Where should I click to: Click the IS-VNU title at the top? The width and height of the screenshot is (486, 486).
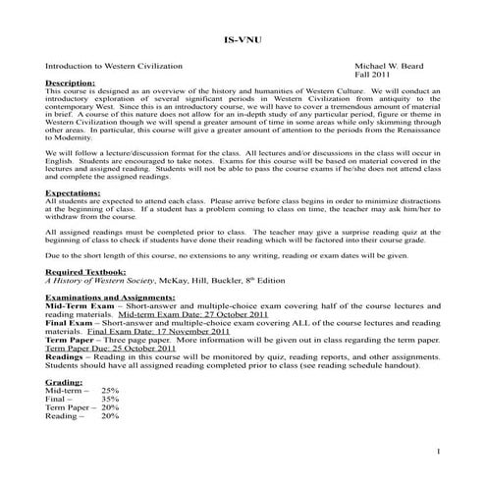point(243,42)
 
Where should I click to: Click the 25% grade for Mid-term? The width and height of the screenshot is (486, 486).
point(110,390)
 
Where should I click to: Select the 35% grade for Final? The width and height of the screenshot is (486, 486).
point(110,399)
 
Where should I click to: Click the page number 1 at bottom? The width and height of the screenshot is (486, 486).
point(435,451)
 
